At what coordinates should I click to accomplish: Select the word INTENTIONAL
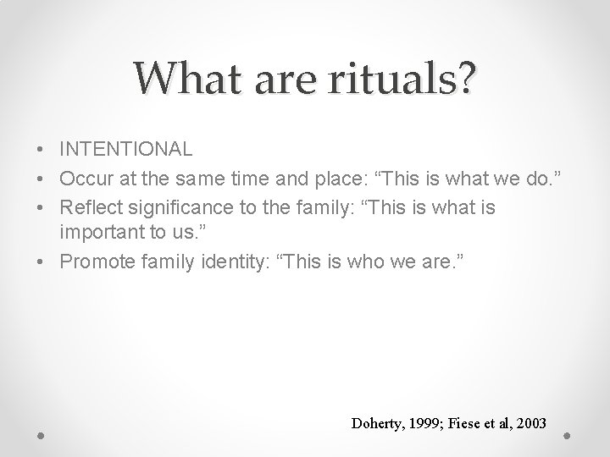point(126,149)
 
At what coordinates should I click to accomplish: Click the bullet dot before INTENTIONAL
point(41,150)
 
